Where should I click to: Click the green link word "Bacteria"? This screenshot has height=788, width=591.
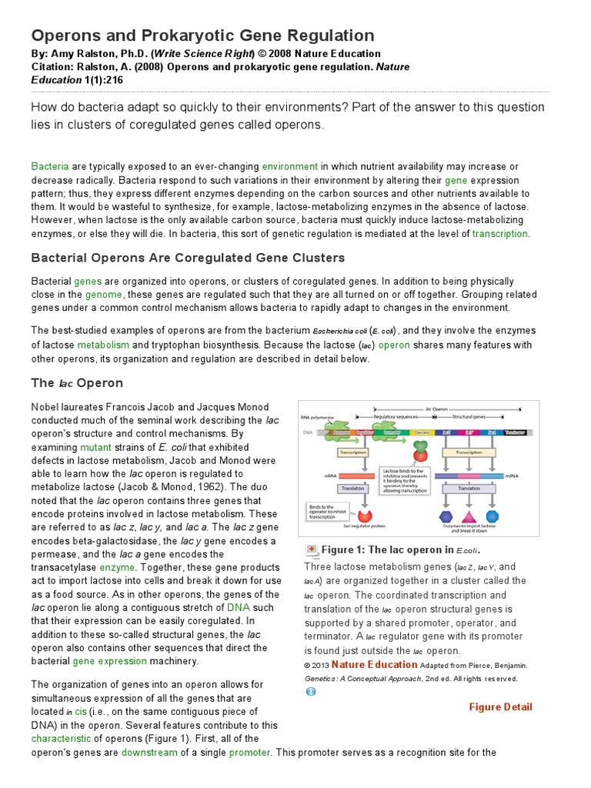tap(50, 166)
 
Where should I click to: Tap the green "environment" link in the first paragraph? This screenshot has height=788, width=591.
tap(289, 166)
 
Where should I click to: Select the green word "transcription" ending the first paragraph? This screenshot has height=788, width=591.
tap(500, 234)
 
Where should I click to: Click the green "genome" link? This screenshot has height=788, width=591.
tap(104, 295)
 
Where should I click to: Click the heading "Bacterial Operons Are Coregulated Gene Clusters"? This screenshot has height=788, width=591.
tap(188, 258)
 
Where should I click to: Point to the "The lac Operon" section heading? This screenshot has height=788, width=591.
tap(77, 383)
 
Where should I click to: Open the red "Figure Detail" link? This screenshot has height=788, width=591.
tap(500, 707)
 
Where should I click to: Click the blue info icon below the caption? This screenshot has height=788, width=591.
tap(310, 692)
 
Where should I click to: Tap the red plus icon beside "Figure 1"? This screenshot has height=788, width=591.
tap(312, 549)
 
